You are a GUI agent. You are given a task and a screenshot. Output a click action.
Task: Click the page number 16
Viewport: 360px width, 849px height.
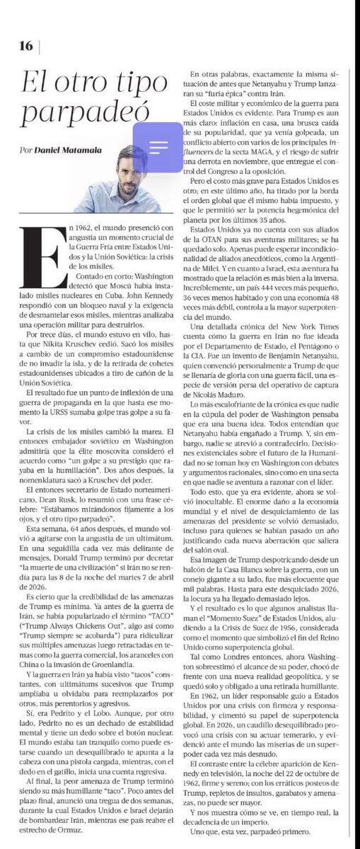(26, 46)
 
